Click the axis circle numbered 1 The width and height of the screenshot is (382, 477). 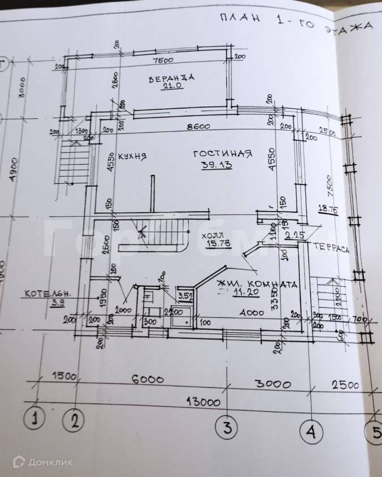35,420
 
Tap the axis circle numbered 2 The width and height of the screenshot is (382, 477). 76,420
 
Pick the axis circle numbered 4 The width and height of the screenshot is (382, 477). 310,432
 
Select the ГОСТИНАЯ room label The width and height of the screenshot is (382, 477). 222,154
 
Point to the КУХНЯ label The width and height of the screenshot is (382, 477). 130,156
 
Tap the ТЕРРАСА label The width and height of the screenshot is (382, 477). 332,250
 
